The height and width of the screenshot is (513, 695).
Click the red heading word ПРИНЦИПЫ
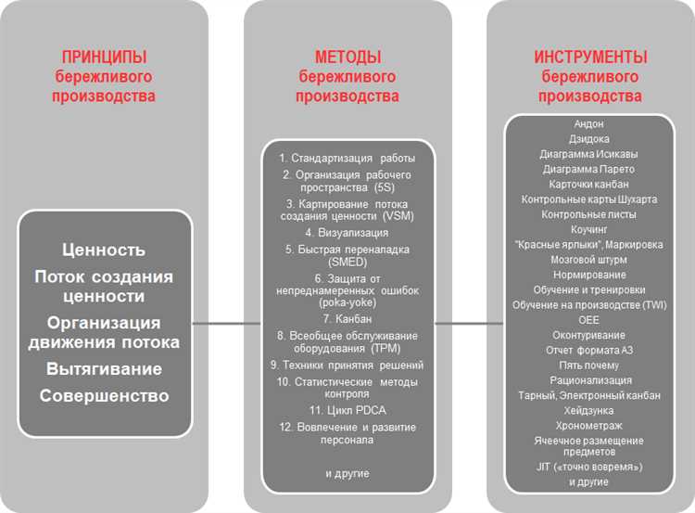point(104,58)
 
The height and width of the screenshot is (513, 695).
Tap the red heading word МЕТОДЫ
point(347,58)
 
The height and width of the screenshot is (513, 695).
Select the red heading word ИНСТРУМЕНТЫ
point(590,58)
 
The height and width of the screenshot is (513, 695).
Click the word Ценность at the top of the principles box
point(104,250)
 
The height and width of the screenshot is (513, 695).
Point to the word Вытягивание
point(104,368)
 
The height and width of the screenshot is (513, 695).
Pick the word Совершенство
point(104,396)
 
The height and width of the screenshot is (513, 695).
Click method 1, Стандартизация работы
point(347,158)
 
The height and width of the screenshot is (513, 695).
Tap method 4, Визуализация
point(347,233)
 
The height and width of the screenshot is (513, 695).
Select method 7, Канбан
point(347,318)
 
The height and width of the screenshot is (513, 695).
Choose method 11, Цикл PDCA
point(347,409)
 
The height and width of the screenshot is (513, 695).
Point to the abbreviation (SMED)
point(347,263)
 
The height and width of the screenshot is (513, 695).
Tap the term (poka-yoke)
point(347,302)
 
